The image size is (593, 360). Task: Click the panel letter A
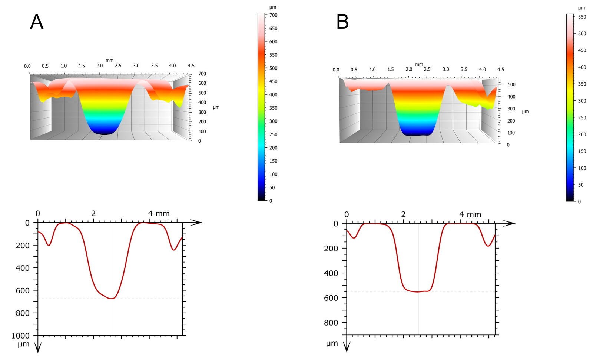pos(37,22)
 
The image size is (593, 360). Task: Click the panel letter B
pos(342,22)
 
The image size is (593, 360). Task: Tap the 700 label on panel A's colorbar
pos(274,15)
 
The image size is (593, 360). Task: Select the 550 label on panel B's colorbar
pos(582,17)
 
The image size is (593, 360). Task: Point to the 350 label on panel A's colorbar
pos(274,108)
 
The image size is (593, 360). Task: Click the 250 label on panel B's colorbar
pos(582,117)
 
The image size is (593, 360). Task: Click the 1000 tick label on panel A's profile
pos(21,336)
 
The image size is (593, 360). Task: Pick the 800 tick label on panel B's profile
pos(331,323)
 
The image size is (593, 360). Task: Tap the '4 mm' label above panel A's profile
pos(159,214)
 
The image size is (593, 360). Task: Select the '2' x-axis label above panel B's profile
pos(403,214)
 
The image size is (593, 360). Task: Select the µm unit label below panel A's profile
pos(23,344)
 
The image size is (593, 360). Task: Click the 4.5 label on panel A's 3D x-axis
pos(191,66)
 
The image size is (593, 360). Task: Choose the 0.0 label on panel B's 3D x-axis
pos(336,70)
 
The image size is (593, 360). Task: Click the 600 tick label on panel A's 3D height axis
pos(202,83)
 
